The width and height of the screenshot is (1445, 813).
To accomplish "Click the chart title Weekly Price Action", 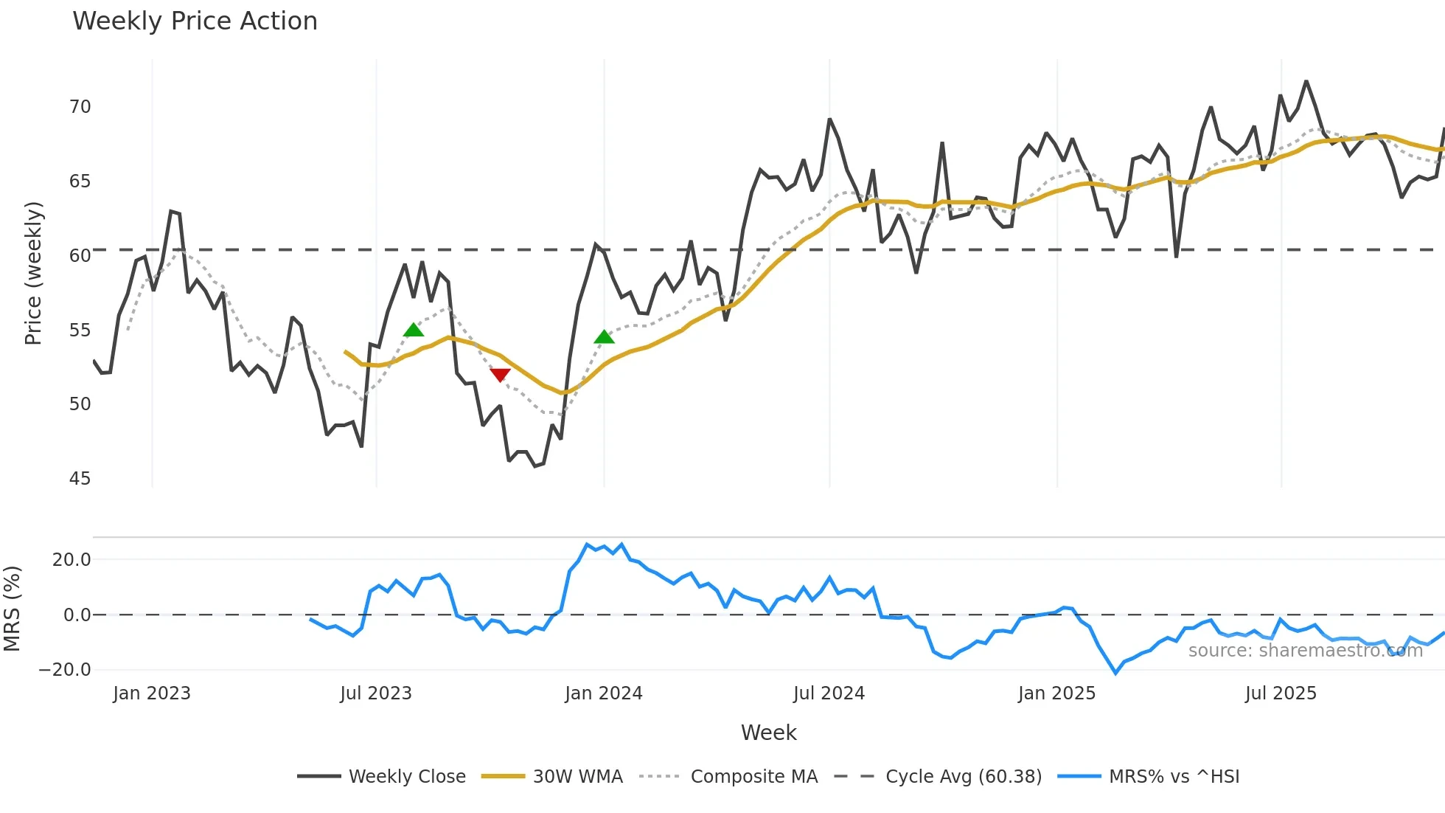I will pyautogui.click(x=195, y=21).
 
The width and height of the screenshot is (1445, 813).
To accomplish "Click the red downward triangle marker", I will pyautogui.click(x=500, y=375).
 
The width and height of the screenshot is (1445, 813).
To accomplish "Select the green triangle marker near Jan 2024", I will pyautogui.click(x=604, y=337).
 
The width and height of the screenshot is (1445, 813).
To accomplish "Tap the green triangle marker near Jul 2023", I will pyautogui.click(x=414, y=330).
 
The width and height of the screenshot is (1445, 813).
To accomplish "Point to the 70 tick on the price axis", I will pyautogui.click(x=80, y=107).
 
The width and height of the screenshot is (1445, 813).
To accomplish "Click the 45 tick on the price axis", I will pyautogui.click(x=80, y=479).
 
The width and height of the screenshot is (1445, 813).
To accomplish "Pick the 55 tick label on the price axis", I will pyautogui.click(x=80, y=331).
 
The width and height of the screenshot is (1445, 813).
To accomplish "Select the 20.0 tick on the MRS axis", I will pyautogui.click(x=72, y=560).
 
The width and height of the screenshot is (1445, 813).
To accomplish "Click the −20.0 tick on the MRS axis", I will pyautogui.click(x=65, y=670).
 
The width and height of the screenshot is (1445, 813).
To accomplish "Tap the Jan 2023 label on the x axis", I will pyautogui.click(x=152, y=693).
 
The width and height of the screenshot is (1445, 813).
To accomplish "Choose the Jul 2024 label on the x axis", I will pyautogui.click(x=829, y=693).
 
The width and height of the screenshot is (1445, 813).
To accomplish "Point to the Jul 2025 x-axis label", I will pyautogui.click(x=1281, y=693).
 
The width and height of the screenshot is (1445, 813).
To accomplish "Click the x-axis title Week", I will pyautogui.click(x=768, y=733).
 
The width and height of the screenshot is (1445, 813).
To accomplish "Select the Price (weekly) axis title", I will pyautogui.click(x=33, y=273).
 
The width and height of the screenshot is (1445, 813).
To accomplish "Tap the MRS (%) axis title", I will pyautogui.click(x=12, y=609).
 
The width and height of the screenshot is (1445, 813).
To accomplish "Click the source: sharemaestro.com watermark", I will pyautogui.click(x=1305, y=651).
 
